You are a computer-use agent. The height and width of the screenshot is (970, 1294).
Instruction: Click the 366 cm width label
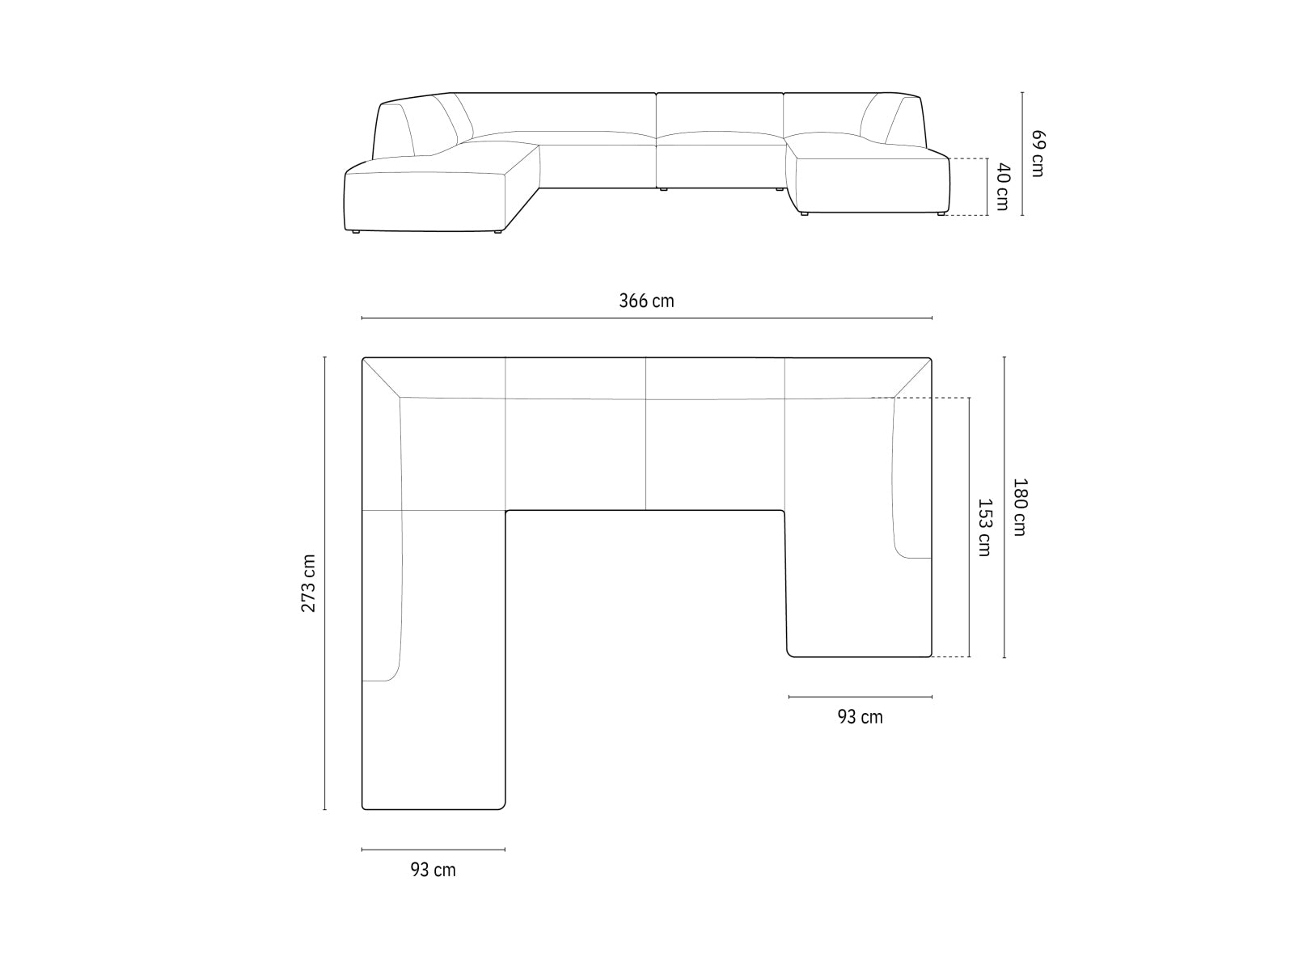click(x=646, y=302)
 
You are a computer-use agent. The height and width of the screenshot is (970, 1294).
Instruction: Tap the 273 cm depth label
click(x=309, y=583)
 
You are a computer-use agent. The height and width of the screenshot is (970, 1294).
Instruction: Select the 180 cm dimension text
click(x=1019, y=507)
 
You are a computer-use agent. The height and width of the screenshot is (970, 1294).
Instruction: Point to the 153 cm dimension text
click(x=984, y=527)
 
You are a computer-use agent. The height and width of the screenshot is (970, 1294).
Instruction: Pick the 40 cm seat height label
click(x=1002, y=187)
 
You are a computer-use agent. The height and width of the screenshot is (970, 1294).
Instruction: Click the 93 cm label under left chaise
click(x=433, y=871)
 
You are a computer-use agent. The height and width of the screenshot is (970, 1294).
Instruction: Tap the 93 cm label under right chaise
click(x=860, y=717)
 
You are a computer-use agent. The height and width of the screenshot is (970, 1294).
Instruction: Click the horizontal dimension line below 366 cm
click(x=646, y=318)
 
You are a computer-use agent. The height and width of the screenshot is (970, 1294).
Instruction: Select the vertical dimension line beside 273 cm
click(x=325, y=583)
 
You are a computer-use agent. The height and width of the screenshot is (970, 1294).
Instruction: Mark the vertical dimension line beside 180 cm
click(x=1004, y=507)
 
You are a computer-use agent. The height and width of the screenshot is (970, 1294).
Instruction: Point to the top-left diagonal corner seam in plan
click(x=381, y=377)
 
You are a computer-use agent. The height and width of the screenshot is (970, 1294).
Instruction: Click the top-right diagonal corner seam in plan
click(x=913, y=377)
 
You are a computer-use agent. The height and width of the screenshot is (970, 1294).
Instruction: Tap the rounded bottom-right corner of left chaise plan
click(x=502, y=805)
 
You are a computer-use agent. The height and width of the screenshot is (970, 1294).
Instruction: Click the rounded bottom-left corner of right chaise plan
click(x=790, y=653)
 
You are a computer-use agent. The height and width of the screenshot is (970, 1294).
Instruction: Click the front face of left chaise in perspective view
click(x=425, y=200)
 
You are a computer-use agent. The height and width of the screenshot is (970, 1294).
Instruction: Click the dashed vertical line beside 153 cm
click(x=969, y=527)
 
